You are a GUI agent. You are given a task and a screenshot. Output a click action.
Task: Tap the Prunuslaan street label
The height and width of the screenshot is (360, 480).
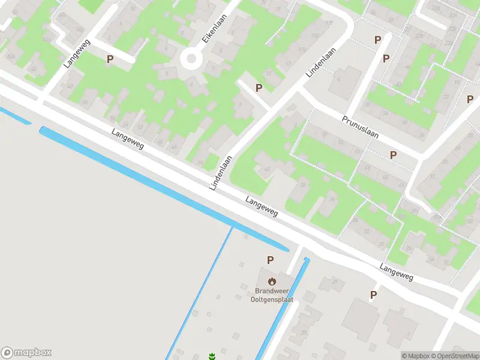361,127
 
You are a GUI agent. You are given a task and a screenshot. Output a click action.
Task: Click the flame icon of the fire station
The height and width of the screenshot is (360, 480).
272,280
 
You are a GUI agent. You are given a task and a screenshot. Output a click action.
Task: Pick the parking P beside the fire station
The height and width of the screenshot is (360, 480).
270,260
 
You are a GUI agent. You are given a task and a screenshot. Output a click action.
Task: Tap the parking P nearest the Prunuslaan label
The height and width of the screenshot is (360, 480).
393,155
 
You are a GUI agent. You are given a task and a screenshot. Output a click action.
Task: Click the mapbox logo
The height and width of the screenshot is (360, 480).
26,353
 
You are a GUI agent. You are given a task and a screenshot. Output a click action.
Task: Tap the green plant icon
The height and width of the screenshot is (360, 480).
211,356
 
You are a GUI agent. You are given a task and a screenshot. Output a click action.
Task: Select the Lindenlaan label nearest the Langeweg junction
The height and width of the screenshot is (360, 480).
221,173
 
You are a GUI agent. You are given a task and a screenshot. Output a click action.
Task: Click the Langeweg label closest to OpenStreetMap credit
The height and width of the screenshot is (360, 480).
397,272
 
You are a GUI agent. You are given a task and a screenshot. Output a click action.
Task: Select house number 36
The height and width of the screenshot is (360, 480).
332,200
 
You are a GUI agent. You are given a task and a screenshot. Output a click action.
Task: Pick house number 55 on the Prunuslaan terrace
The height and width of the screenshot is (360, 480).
340,143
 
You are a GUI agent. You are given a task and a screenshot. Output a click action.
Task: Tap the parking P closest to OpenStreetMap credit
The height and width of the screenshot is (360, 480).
373,295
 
